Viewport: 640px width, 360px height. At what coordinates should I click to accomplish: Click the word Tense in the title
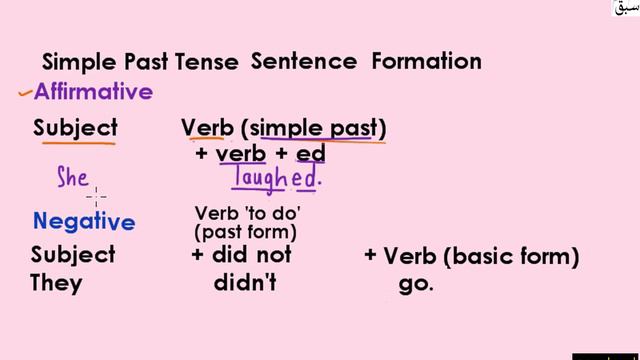(x=207, y=62)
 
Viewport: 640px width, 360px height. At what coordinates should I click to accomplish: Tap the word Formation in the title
(x=426, y=61)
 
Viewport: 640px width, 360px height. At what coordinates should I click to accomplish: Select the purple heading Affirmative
(x=93, y=92)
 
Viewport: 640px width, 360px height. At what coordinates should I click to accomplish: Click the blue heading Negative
(x=83, y=221)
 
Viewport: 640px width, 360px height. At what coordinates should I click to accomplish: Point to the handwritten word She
(x=73, y=179)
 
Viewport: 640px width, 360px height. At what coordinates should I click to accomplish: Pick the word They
(x=56, y=283)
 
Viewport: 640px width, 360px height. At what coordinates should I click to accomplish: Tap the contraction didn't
(x=245, y=283)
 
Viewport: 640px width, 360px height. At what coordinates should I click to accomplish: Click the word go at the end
(x=416, y=283)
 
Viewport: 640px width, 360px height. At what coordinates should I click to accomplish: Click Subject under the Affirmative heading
(x=75, y=128)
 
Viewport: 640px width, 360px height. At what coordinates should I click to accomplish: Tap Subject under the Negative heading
(x=72, y=255)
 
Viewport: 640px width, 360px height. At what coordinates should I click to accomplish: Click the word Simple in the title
(x=78, y=62)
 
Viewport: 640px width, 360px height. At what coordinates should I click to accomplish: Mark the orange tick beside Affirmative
(x=24, y=94)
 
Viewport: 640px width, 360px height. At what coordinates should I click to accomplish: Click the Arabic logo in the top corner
(x=625, y=8)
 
